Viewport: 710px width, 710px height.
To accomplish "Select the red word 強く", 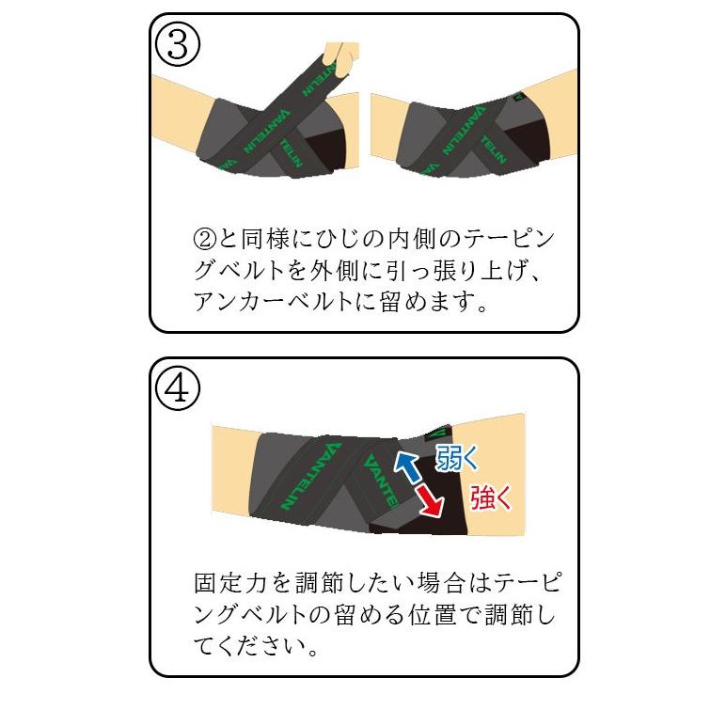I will (x=490, y=496).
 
